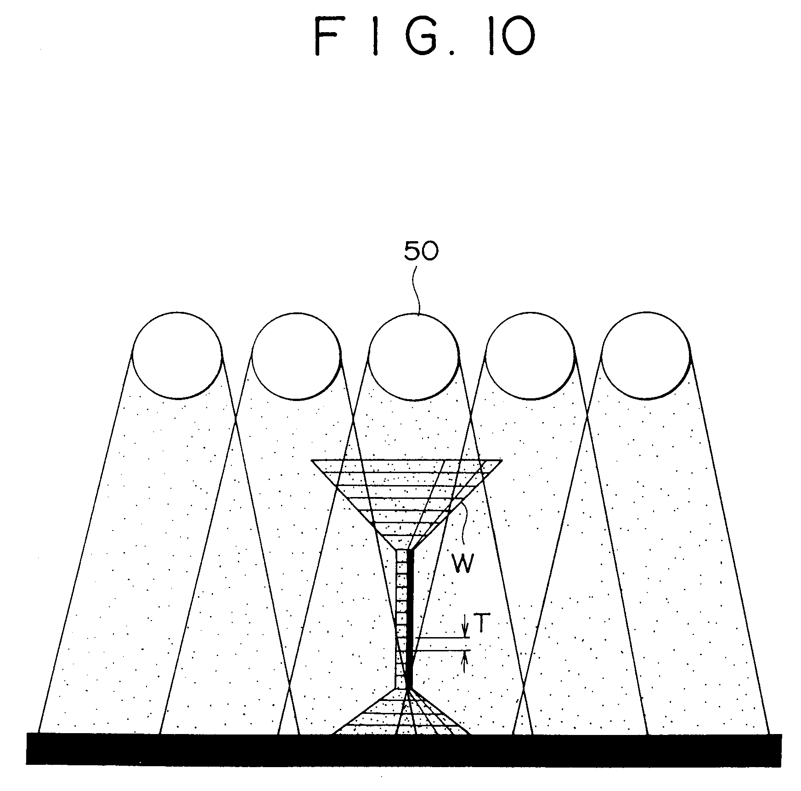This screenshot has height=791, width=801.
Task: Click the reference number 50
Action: [421, 252]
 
